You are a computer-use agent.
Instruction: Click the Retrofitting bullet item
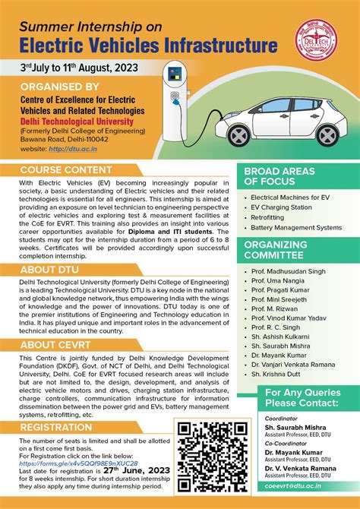(x=273, y=217)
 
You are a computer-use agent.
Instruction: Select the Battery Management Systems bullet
(x=296, y=227)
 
